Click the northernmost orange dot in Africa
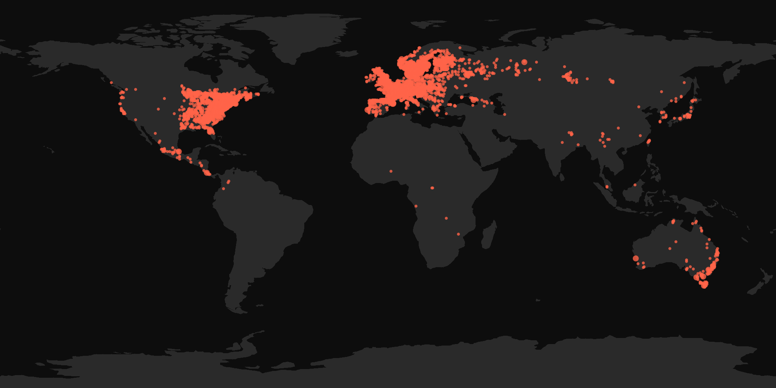391,171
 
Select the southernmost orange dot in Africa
458,234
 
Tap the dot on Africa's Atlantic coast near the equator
416,206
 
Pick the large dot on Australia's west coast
636,258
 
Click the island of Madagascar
489,235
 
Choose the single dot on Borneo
635,185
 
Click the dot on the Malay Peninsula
607,187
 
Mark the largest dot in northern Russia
524,62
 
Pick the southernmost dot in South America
224,189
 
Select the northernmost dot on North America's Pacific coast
111,83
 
